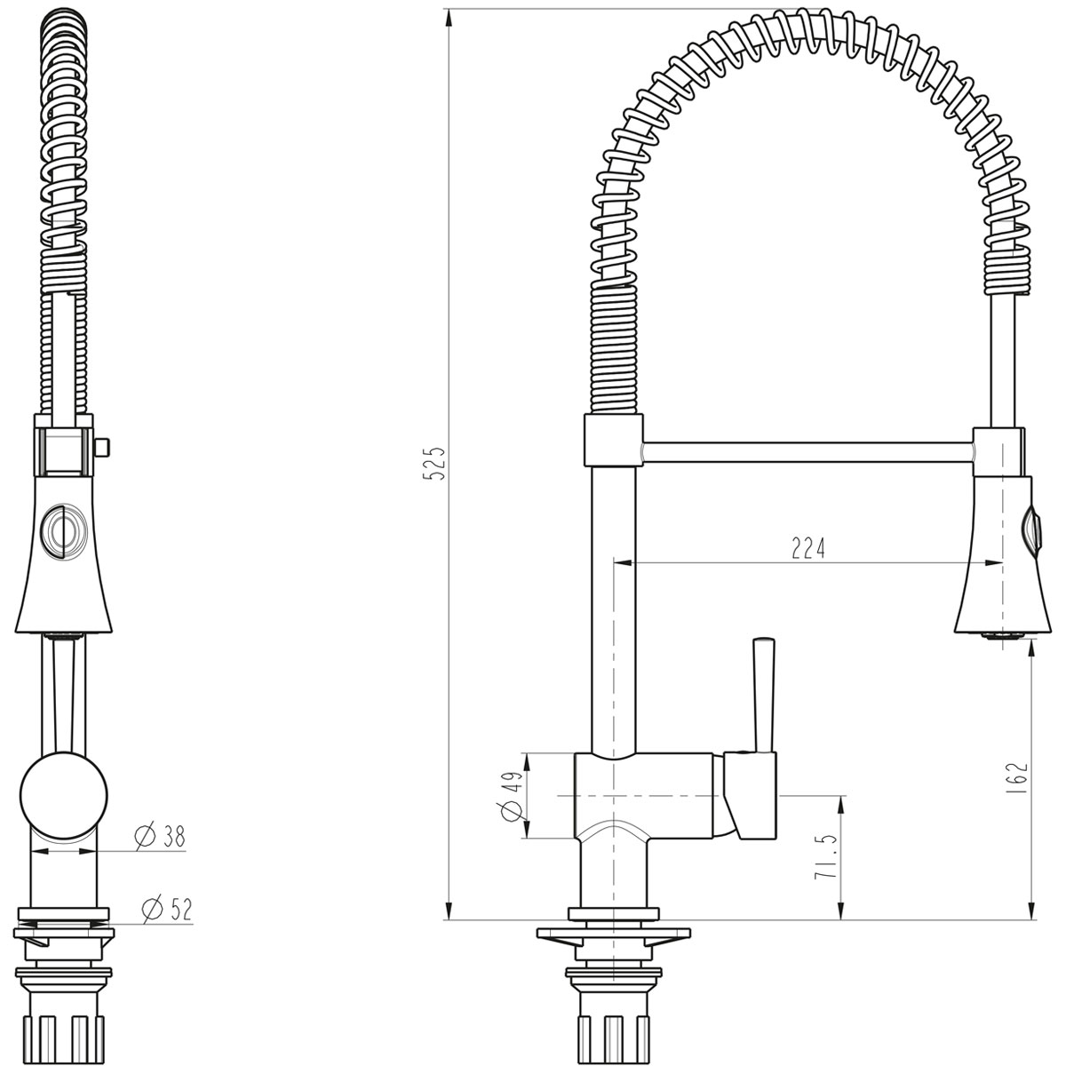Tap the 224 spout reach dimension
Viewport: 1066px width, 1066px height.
(x=807, y=548)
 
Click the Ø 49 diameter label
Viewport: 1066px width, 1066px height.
(x=513, y=795)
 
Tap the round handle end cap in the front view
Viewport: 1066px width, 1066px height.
(x=64, y=795)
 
